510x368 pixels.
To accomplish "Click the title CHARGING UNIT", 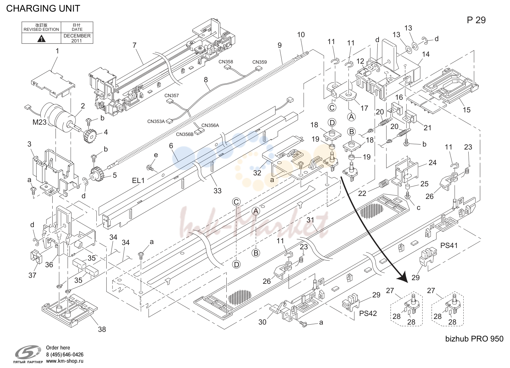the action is coord(43,8).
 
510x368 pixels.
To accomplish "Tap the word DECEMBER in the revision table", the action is coord(77,36).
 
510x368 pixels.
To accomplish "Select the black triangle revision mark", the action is coord(41,38).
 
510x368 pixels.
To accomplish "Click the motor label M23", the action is coord(39,122).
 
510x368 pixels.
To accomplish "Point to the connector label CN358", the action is coord(226,62).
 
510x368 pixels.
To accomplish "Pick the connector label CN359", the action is coord(259,62).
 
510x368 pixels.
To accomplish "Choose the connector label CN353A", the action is coord(156,121).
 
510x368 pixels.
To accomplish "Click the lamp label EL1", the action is coord(138,181).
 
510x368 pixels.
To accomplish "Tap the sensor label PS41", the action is coord(449,245).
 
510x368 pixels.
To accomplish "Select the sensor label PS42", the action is coord(368,313).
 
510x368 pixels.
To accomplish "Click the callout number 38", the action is coord(102,329).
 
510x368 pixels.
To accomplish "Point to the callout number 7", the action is coord(135,45).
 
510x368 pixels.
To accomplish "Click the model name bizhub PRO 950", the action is coord(475,339).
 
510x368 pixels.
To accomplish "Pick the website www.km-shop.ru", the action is coord(65,361).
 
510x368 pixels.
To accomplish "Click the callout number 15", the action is coord(467,110).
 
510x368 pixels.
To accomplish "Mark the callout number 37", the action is coord(32,275).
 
